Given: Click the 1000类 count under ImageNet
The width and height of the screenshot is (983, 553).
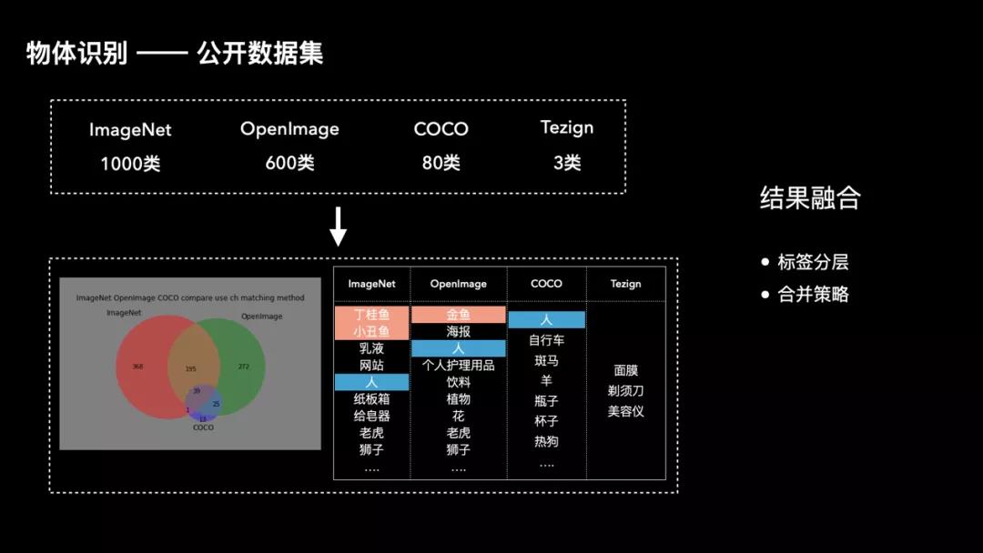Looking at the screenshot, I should [130, 164].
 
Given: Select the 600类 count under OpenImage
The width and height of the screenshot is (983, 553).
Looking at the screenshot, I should [289, 163].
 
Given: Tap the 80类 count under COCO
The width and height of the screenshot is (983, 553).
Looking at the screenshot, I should [441, 163].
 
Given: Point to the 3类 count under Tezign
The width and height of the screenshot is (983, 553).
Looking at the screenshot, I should [566, 162].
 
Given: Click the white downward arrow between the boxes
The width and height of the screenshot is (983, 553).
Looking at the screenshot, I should [338, 226].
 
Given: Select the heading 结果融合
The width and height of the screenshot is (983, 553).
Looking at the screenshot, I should [810, 198].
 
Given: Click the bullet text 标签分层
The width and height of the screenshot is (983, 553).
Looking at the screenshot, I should [813, 263].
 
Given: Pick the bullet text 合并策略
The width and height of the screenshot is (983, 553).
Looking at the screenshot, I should [813, 295].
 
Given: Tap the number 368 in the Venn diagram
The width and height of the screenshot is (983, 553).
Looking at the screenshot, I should [137, 367].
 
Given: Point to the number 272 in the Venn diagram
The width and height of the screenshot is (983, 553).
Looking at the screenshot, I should [243, 367].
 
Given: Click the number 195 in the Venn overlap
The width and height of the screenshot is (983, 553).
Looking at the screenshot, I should [190, 368].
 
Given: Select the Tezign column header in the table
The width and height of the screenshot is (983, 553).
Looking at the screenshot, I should [625, 284].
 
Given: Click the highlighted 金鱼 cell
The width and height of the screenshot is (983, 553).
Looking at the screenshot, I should [458, 315].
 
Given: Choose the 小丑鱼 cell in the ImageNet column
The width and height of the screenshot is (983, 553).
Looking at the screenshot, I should [371, 331].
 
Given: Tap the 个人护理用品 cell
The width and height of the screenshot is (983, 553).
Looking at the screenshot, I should [458, 365].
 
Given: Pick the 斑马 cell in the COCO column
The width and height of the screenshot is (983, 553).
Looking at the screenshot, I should [546, 360].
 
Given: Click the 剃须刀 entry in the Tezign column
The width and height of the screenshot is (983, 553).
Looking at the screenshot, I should [625, 391].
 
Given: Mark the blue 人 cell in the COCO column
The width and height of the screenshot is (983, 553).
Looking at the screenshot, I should [546, 320].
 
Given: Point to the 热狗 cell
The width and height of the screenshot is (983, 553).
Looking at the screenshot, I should [546, 441].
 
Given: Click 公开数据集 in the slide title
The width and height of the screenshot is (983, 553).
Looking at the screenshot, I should [260, 54].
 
